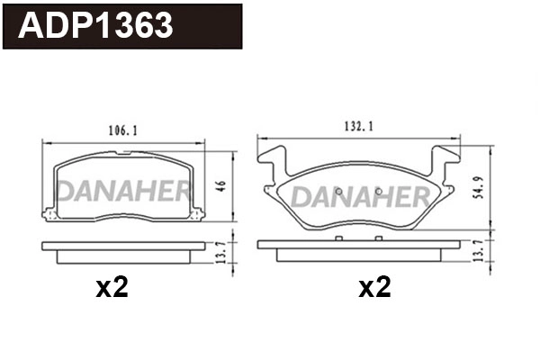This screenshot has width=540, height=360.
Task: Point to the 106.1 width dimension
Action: [123, 130]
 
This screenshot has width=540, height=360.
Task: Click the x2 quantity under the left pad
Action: [113, 288]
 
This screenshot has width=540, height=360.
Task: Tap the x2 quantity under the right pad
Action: [374, 288]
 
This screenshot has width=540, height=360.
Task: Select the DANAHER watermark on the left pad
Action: [124, 191]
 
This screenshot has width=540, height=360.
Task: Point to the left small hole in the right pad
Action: [335, 191]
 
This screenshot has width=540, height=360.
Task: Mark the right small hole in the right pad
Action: [379, 191]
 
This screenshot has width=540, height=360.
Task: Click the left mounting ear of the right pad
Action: [269, 166]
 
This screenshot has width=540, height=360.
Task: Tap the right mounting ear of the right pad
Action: [446, 166]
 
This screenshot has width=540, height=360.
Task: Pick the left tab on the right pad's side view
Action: [338, 238]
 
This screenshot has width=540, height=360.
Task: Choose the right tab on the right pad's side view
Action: [377, 238]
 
